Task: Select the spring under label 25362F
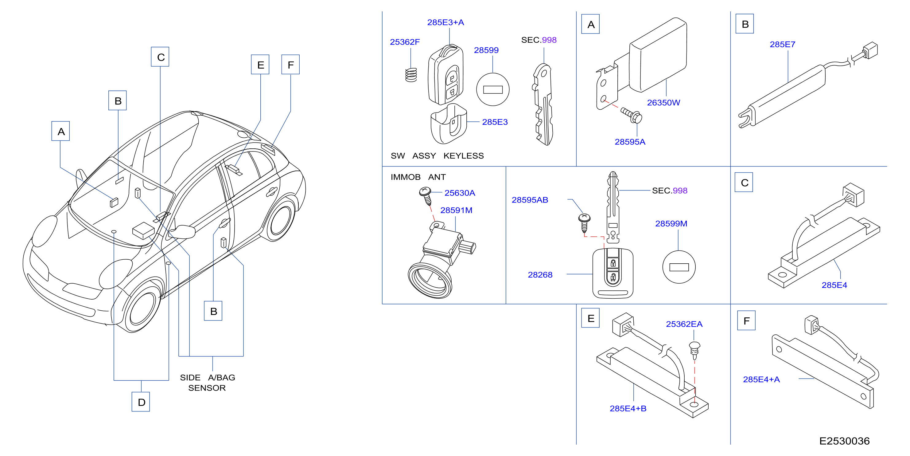pos(411,75)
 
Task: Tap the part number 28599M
pos(671,224)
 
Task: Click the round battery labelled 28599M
pos(679,267)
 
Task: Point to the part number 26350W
pos(663,103)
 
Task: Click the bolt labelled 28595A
pos(632,115)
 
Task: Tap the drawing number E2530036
pos(844,441)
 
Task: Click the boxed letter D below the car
pos(141,402)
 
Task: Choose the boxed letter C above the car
pos(160,57)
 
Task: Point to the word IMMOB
pos(405,177)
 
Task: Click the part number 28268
pos(540,275)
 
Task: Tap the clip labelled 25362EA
pos(694,350)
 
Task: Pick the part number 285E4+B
pos(628,409)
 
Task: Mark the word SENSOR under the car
pos(207,388)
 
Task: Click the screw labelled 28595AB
pos(584,223)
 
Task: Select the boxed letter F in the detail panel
pos(746,320)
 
